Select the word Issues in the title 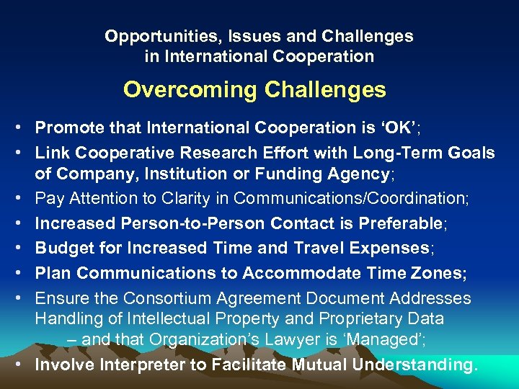(x=226, y=35)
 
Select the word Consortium (x=162, y=298)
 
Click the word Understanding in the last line (x=414, y=365)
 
